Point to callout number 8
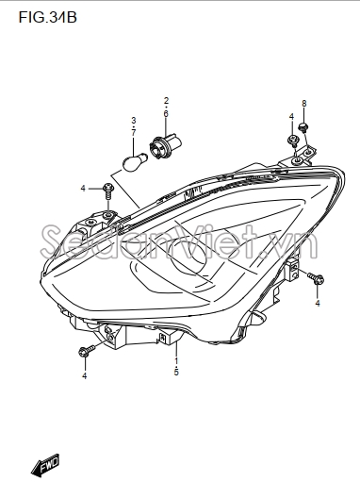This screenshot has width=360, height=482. tap(303, 103)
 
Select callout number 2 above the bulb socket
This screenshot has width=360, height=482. tap(166, 100)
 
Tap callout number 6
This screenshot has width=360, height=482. tap(166, 113)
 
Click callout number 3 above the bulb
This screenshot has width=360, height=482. tap(134, 120)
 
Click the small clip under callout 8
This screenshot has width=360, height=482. tap(303, 125)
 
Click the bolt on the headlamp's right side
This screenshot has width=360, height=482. tap(316, 278)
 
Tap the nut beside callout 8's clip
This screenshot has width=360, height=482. tap(292, 142)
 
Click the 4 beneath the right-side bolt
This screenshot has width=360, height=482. tap(318, 304)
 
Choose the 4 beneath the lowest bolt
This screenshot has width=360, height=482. tap(84, 376)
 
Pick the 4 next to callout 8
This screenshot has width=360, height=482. tap(291, 117)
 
